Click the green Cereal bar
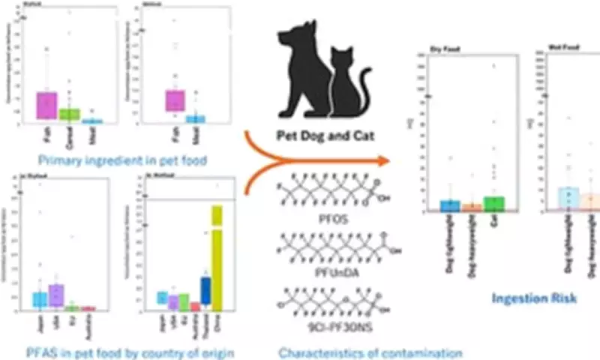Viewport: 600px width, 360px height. [x=70, y=114]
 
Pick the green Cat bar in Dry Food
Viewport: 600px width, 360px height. [x=494, y=202]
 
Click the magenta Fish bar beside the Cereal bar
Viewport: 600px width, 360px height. [x=46, y=104]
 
